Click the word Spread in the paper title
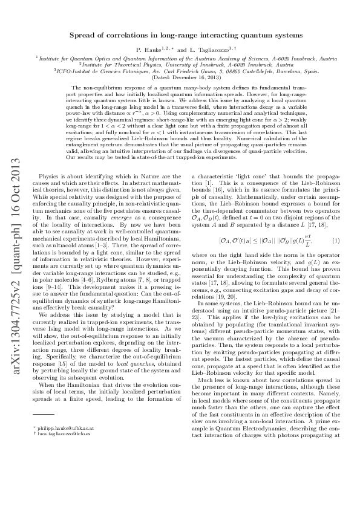(x=80, y=36)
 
